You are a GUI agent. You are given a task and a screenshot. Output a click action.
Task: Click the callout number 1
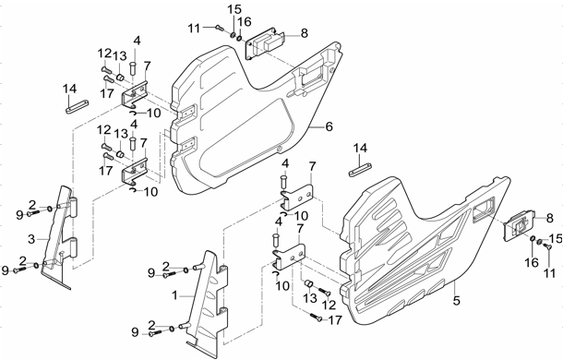click(x=174, y=295)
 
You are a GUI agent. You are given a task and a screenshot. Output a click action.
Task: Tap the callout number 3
click(x=31, y=239)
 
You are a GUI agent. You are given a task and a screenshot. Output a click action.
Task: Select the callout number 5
click(x=456, y=300)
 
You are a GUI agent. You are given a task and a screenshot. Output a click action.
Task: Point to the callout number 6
click(x=329, y=126)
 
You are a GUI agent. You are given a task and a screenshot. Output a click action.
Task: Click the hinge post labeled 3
click(x=60, y=237)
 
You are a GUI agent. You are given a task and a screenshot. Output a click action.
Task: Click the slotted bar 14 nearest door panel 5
click(x=360, y=169)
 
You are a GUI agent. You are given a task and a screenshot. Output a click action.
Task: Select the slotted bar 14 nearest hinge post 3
click(x=78, y=106)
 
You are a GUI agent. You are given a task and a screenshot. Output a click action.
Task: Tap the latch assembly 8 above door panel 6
click(x=265, y=43)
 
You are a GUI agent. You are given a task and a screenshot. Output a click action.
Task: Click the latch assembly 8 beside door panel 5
click(x=521, y=226)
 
